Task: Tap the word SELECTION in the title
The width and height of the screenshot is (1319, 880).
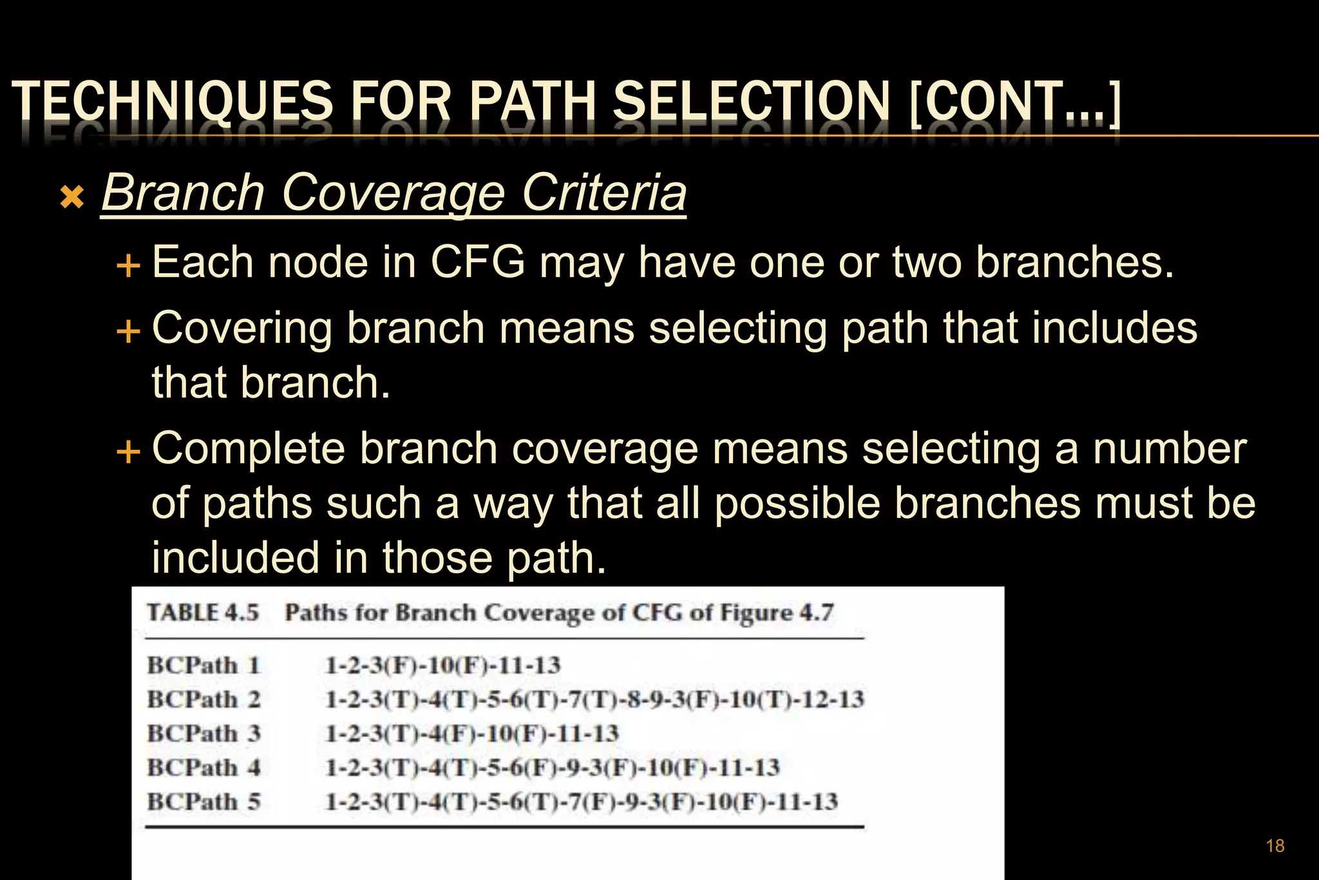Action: tap(751, 101)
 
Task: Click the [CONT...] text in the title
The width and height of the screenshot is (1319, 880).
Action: tap(1015, 101)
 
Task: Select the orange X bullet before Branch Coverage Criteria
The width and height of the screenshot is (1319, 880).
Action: tap(72, 197)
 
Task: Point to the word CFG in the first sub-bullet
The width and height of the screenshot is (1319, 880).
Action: tap(477, 262)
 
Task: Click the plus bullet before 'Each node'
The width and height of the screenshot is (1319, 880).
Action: tap(128, 265)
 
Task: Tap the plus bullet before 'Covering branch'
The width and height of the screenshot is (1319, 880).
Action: tap(128, 331)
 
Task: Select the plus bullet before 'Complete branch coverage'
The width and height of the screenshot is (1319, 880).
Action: tap(128, 451)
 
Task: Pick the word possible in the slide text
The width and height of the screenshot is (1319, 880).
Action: tap(797, 503)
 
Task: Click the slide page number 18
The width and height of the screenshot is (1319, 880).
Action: tap(1275, 846)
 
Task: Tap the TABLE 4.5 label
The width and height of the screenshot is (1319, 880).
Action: tap(203, 612)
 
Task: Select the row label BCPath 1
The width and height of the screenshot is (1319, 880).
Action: tap(204, 665)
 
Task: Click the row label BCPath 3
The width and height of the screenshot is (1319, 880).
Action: tap(204, 734)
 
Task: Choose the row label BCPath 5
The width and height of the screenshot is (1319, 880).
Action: tap(204, 802)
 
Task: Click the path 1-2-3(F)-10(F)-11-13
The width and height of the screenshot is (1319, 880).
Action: tap(443, 665)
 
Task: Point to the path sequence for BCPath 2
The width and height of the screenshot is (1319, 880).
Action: tap(594, 700)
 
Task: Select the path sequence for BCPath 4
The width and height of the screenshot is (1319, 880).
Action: tap(553, 768)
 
